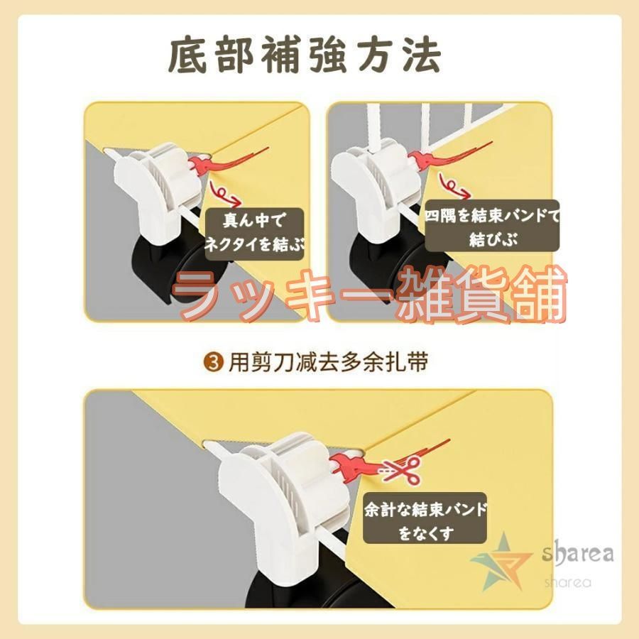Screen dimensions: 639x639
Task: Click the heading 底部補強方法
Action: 305,55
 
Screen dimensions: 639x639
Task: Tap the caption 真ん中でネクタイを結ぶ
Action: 254,233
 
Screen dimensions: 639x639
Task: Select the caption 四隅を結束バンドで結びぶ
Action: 492,226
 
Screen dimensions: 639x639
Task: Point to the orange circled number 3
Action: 214,362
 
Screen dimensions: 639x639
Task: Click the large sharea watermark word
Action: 577,554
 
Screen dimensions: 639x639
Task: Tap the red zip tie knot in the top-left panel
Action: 200,165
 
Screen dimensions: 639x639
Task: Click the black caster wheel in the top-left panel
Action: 180,268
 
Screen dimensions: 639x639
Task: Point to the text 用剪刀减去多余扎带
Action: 328,362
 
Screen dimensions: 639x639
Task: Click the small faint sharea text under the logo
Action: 568,582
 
